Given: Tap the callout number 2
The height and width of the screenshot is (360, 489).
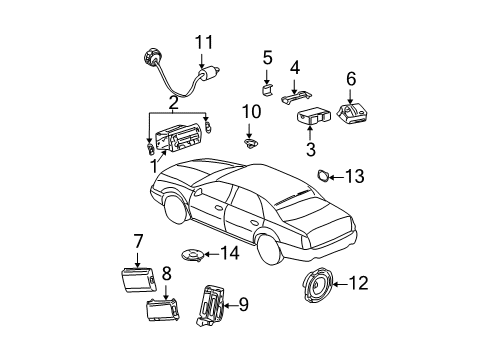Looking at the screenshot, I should coord(173,102).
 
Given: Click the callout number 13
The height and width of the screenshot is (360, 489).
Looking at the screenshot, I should coord(355,177).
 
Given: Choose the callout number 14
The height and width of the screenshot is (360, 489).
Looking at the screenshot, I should coord(229,253).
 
